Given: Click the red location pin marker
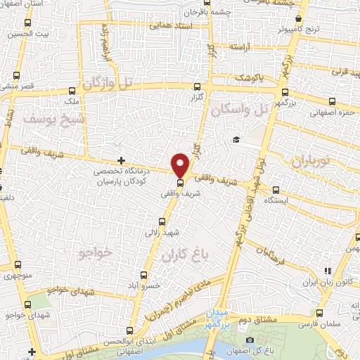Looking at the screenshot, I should coord(181,165).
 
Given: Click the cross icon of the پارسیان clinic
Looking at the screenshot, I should coord(122,160).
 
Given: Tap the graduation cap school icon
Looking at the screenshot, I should coord(237,139).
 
